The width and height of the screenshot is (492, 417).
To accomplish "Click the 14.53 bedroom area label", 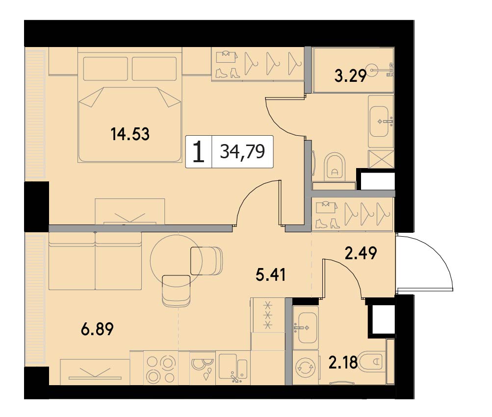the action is point(130,134).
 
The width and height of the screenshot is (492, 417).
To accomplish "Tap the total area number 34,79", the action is point(242,152).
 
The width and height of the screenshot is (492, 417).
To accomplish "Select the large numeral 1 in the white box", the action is point(198,151).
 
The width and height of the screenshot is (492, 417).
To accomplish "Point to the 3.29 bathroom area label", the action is point(351,75).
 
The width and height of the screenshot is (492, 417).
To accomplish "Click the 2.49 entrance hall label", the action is point(361,253).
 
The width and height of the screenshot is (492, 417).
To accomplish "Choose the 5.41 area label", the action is point(270,275).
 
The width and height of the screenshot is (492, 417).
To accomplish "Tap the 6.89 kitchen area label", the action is point(97,329).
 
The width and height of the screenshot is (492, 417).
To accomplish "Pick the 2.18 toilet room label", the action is point(343,363).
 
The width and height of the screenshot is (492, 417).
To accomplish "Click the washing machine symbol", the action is point(306,368).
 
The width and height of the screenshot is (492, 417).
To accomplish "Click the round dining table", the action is point(176,260).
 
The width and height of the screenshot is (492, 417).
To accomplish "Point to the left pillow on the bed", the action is point(105,69).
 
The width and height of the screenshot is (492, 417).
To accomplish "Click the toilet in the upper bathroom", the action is point(335,167).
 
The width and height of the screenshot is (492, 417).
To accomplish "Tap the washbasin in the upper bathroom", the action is point(380,122).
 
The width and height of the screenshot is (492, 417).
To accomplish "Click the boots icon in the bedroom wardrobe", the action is point(228,73).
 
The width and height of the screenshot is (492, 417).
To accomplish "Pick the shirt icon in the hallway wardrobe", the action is point(327,207).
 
